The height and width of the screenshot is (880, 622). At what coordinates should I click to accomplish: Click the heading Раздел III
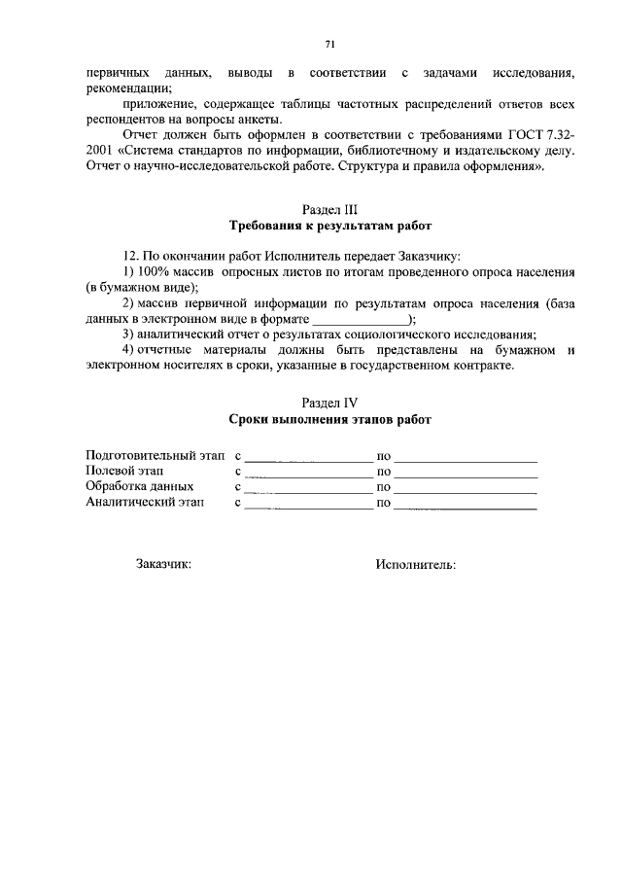click(x=330, y=209)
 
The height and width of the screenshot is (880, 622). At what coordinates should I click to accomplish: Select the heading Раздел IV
click(x=330, y=402)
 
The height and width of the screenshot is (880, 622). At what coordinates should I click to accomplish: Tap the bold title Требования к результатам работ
click(x=330, y=227)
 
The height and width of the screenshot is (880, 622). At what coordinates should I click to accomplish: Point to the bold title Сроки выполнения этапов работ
click(x=330, y=419)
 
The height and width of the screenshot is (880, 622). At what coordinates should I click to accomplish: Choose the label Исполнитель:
click(x=415, y=564)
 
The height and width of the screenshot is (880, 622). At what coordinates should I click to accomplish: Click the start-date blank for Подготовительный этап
click(x=308, y=456)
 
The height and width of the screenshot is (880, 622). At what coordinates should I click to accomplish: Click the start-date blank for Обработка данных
click(x=308, y=488)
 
